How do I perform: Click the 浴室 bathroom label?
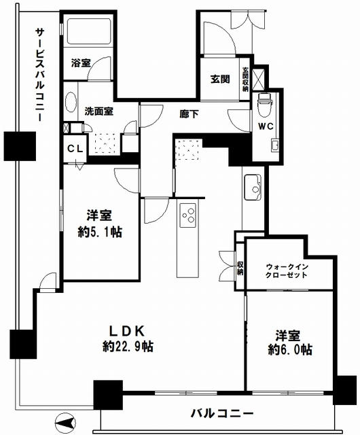[81, 63]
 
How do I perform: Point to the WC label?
[266, 126]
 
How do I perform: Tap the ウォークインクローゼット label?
[287, 271]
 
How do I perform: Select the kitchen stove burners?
[187, 218]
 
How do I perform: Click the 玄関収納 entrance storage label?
[246, 77]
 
